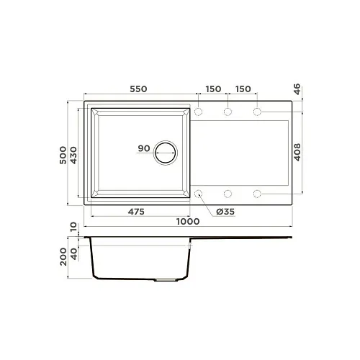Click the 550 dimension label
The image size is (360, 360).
(138, 89)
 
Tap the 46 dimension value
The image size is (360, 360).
(297, 89)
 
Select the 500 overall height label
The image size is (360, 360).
(63, 155)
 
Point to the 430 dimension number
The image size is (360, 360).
(73, 156)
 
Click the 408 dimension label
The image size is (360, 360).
(297, 152)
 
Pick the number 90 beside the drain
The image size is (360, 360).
(144, 148)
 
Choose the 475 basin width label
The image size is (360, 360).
(136, 212)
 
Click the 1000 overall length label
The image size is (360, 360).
(188, 221)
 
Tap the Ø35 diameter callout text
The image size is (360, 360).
(225, 212)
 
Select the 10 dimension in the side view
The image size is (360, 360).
(73, 227)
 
